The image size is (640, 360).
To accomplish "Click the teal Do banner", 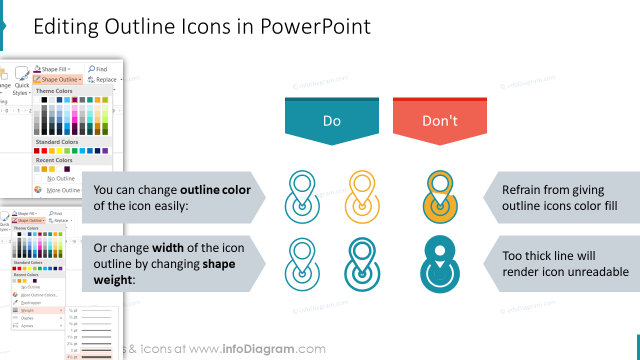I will coord(331,121).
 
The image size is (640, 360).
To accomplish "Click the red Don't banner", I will coord(439,121).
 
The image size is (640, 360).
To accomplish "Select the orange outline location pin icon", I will coord(362,196).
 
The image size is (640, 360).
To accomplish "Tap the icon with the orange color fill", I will coord(440,196).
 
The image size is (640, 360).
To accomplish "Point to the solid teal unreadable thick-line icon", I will coord(440,264).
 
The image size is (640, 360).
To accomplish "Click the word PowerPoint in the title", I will coord(315,26).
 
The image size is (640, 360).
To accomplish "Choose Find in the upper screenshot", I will coord(98,69).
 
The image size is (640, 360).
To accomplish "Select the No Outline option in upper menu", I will coord(60,178).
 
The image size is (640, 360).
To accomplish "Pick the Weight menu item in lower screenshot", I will coord(27,310).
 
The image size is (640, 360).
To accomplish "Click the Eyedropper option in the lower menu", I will coord(31,302).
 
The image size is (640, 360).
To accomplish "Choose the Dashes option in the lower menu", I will coord(27,318).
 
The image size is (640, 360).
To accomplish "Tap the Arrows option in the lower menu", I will coord(27,325).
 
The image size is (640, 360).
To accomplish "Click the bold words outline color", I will coord(215,190).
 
